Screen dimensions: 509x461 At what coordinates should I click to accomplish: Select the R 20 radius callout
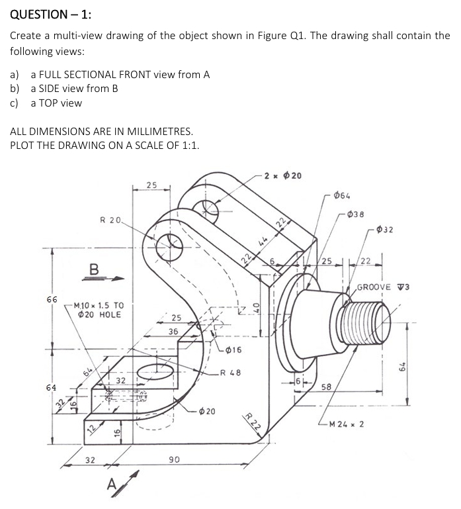[111, 219]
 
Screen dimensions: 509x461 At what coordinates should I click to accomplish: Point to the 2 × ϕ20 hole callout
[282, 175]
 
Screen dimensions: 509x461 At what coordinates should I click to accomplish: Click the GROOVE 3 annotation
[384, 287]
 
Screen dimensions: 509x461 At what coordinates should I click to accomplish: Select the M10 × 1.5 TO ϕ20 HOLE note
[100, 309]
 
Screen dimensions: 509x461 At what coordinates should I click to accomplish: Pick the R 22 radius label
[251, 422]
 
